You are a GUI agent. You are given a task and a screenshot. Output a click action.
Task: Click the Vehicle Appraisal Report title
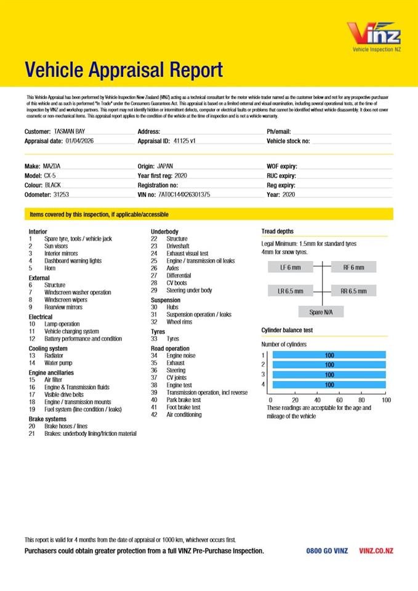point(124,70)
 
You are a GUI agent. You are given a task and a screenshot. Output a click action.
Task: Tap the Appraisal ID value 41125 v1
point(185,141)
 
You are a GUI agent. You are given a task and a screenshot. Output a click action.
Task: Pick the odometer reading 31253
point(61,195)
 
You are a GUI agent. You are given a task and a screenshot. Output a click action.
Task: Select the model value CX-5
point(50,175)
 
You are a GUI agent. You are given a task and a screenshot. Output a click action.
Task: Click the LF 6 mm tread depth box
point(291,267)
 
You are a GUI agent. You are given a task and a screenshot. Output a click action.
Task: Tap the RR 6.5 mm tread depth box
point(353,291)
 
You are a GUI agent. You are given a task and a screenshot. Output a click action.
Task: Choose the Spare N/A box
point(321,312)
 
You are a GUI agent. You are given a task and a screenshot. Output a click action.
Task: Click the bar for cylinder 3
point(329,375)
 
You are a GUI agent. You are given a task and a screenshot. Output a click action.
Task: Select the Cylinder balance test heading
point(287,330)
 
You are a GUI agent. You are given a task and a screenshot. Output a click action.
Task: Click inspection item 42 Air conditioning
point(183,415)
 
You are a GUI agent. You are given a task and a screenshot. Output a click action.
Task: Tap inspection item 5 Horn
point(50,268)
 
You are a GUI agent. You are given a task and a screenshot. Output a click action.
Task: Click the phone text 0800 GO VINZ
point(327,551)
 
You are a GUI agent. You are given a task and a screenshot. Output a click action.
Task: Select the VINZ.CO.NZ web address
point(376,551)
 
